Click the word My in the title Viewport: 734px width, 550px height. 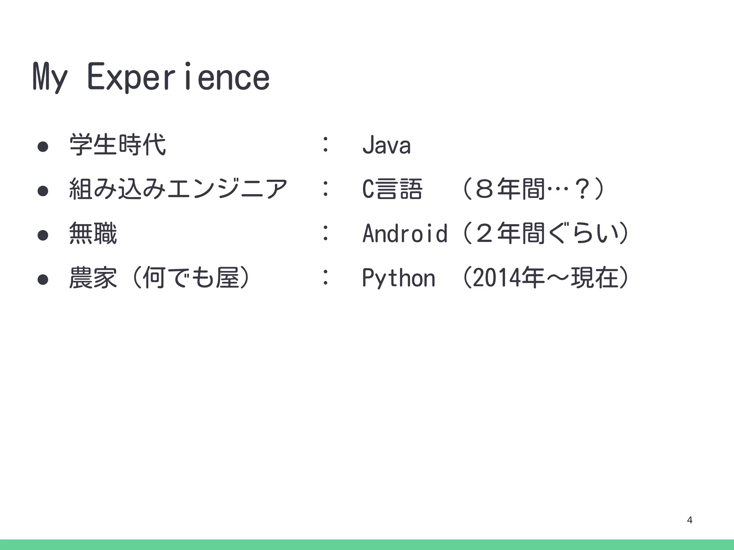[x=50, y=77]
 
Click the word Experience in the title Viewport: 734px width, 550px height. [x=178, y=77]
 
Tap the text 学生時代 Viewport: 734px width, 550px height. [x=118, y=145]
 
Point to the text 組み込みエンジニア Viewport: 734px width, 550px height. [x=178, y=189]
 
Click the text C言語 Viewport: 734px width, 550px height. [x=392, y=189]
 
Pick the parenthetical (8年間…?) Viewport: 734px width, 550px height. [x=534, y=189]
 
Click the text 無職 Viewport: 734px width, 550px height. [x=93, y=233]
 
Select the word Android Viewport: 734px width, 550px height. [x=405, y=233]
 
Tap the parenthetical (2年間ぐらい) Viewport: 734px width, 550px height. [x=545, y=233]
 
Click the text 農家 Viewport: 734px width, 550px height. [x=93, y=278]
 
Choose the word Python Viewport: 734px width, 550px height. [x=399, y=278]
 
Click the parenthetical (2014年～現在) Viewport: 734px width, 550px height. [x=545, y=278]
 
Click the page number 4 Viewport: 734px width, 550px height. [x=690, y=520]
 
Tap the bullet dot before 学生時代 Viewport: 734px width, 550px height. [x=43, y=146]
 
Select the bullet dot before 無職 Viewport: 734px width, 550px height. [x=43, y=235]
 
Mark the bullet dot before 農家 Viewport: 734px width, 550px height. [x=43, y=279]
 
